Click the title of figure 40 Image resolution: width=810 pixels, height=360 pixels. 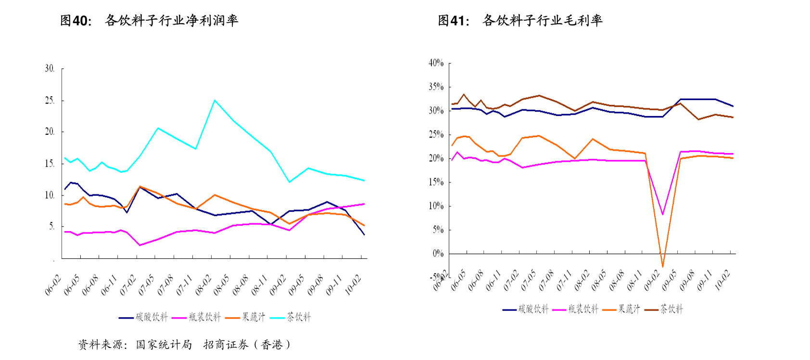(x=149, y=20)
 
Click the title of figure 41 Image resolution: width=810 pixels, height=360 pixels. (x=520, y=20)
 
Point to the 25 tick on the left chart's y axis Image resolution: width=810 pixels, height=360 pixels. (x=50, y=101)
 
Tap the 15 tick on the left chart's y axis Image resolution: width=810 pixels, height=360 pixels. (x=50, y=164)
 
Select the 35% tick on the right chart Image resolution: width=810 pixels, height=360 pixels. (x=436, y=87)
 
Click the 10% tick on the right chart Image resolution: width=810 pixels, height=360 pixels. (x=436, y=206)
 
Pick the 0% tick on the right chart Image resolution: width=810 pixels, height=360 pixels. (x=438, y=254)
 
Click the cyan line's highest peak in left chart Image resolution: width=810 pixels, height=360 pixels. (x=215, y=100)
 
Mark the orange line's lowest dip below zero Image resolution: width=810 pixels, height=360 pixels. (x=662, y=266)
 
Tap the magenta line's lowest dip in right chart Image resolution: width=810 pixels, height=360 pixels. (x=663, y=214)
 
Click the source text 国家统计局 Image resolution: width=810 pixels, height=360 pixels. (x=164, y=345)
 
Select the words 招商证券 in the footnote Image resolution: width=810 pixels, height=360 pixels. (x=226, y=345)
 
